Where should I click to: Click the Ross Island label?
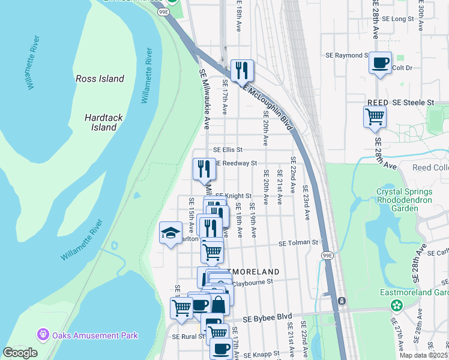coord(100,79)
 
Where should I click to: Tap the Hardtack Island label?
coord(100,122)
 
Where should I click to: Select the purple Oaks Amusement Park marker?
coord(43,335)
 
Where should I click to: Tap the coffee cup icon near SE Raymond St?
coord(379,63)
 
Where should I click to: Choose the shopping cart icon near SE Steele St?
coord(375,116)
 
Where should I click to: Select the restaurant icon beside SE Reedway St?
coord(204,169)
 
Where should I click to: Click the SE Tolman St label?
coord(297,243)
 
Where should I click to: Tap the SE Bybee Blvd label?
coord(267,316)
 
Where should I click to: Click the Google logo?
coord(20,353)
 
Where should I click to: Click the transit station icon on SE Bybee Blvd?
coord(342,300)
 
